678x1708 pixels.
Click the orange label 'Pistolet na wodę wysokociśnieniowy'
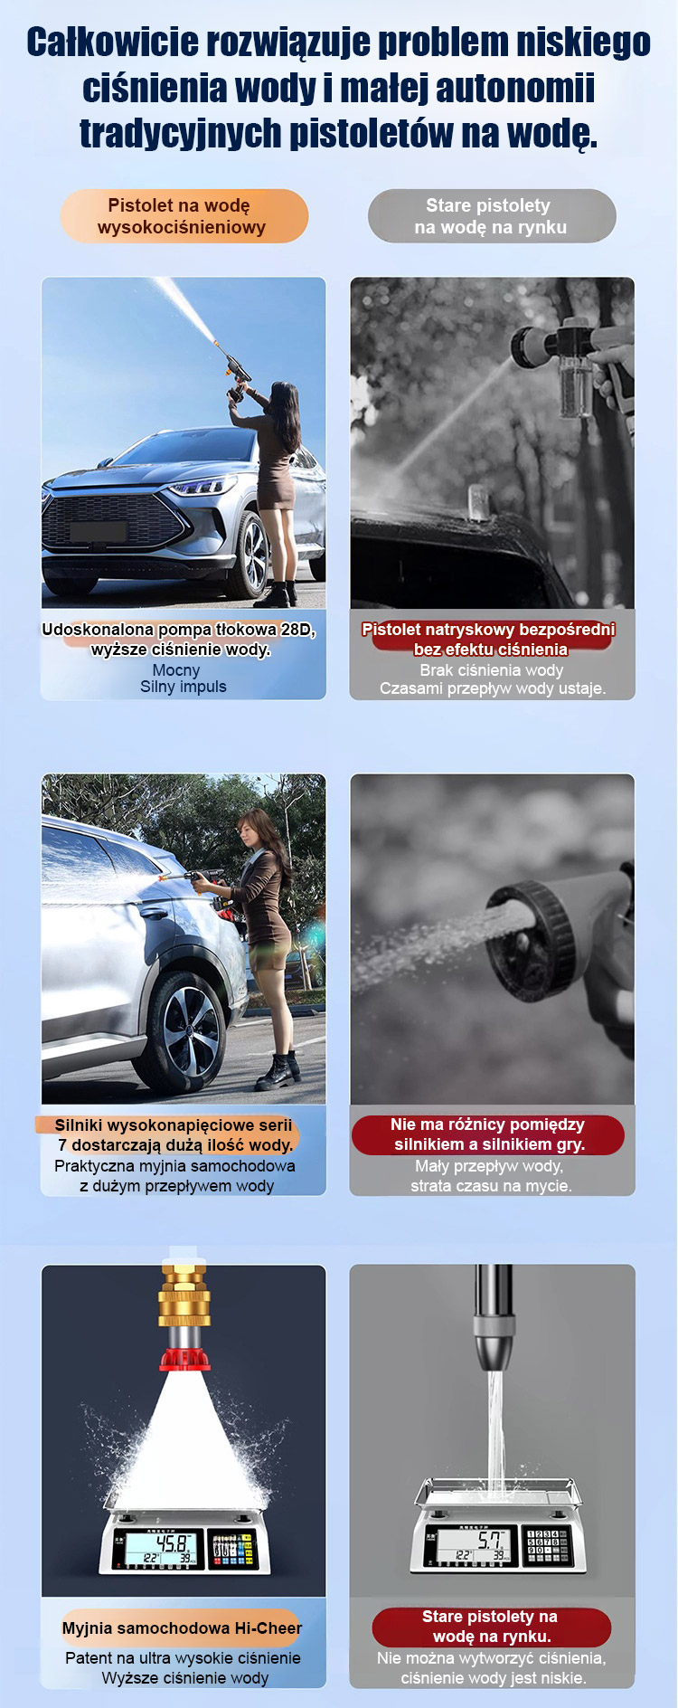(x=184, y=216)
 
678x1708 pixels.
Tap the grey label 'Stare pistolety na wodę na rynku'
(x=492, y=216)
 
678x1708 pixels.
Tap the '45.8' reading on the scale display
(x=172, y=1542)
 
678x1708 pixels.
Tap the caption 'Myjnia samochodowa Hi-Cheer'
(x=182, y=1627)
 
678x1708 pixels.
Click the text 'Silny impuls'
(x=184, y=687)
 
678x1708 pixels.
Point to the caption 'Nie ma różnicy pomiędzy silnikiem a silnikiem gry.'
(x=488, y=1134)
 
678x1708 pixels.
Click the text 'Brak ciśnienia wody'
(x=492, y=670)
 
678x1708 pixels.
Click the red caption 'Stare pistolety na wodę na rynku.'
(x=491, y=1627)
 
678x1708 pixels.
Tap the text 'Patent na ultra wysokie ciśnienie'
(x=183, y=1658)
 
